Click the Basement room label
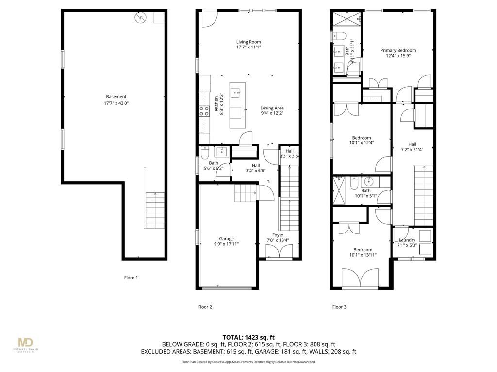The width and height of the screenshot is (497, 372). [x=116, y=97]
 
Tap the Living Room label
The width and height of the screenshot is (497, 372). [x=248, y=42]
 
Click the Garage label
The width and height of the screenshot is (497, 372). [x=226, y=238]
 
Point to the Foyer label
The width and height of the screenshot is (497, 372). [x=278, y=235]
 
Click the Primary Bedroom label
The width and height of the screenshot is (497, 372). [x=398, y=50]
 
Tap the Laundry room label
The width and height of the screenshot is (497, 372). [x=407, y=240]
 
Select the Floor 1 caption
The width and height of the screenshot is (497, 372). [x=131, y=278]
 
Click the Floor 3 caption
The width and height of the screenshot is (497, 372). [x=339, y=307]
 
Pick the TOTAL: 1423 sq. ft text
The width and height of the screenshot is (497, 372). [x=248, y=337]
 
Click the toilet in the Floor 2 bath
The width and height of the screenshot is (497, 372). [x=205, y=154]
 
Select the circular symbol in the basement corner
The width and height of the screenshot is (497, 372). [x=140, y=17]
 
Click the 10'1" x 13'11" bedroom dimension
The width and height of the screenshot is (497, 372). [x=363, y=255]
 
